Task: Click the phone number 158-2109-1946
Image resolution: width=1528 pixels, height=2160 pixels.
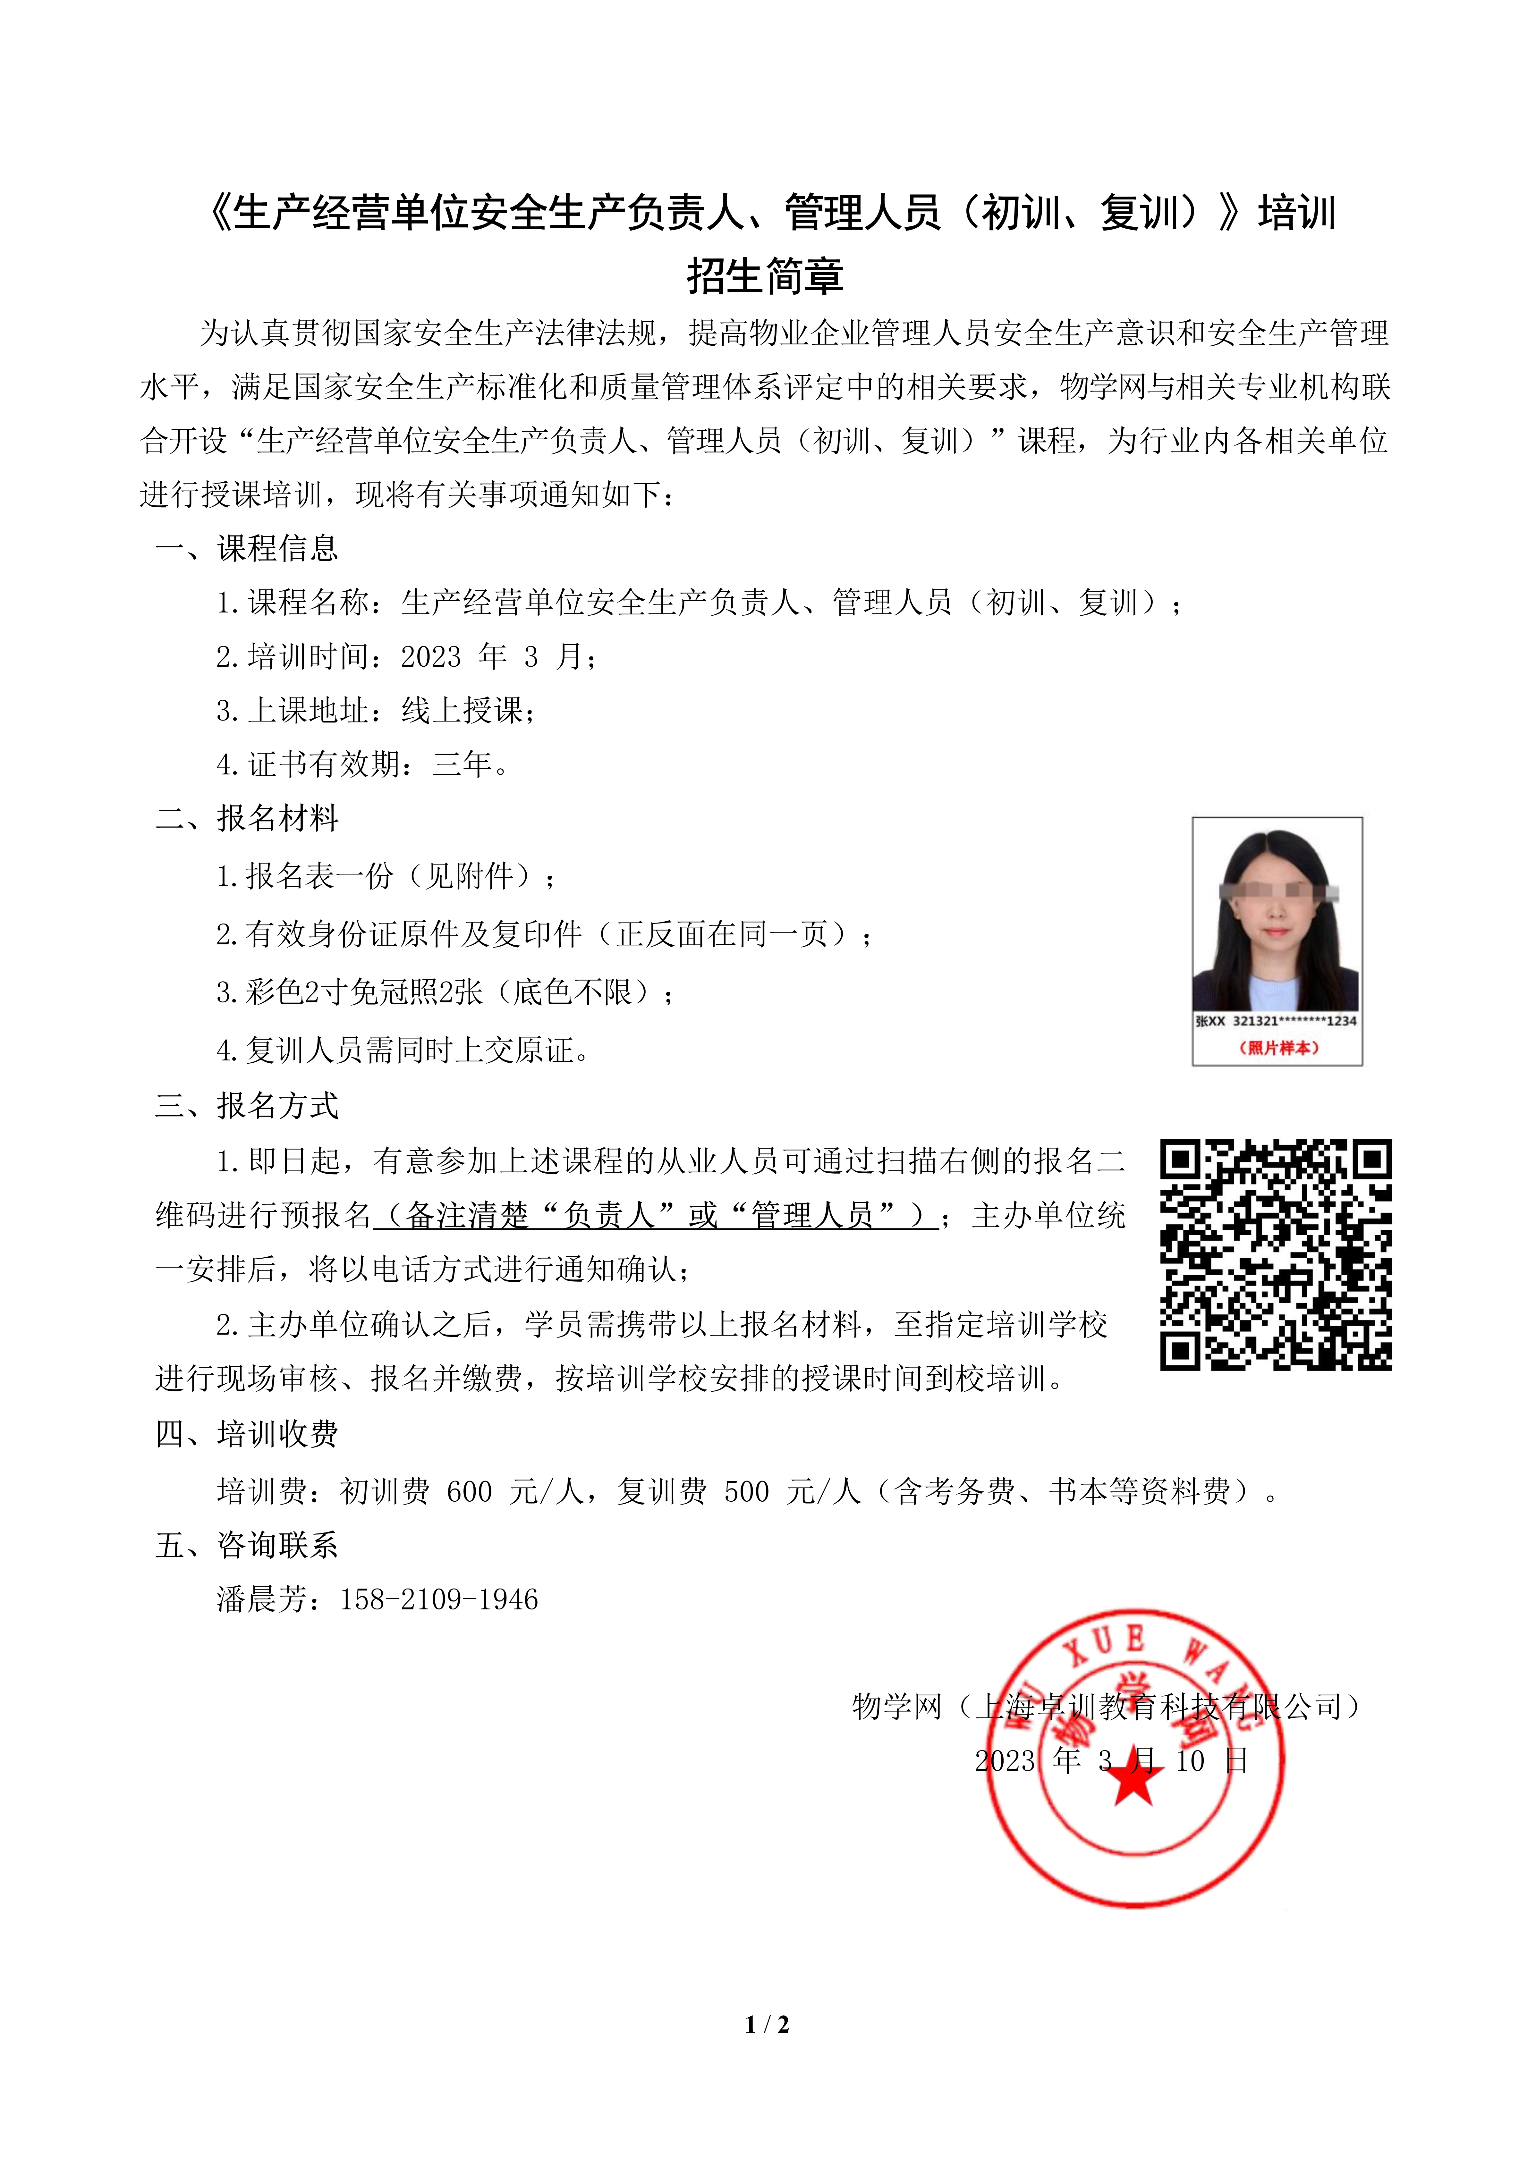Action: click(439, 1599)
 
